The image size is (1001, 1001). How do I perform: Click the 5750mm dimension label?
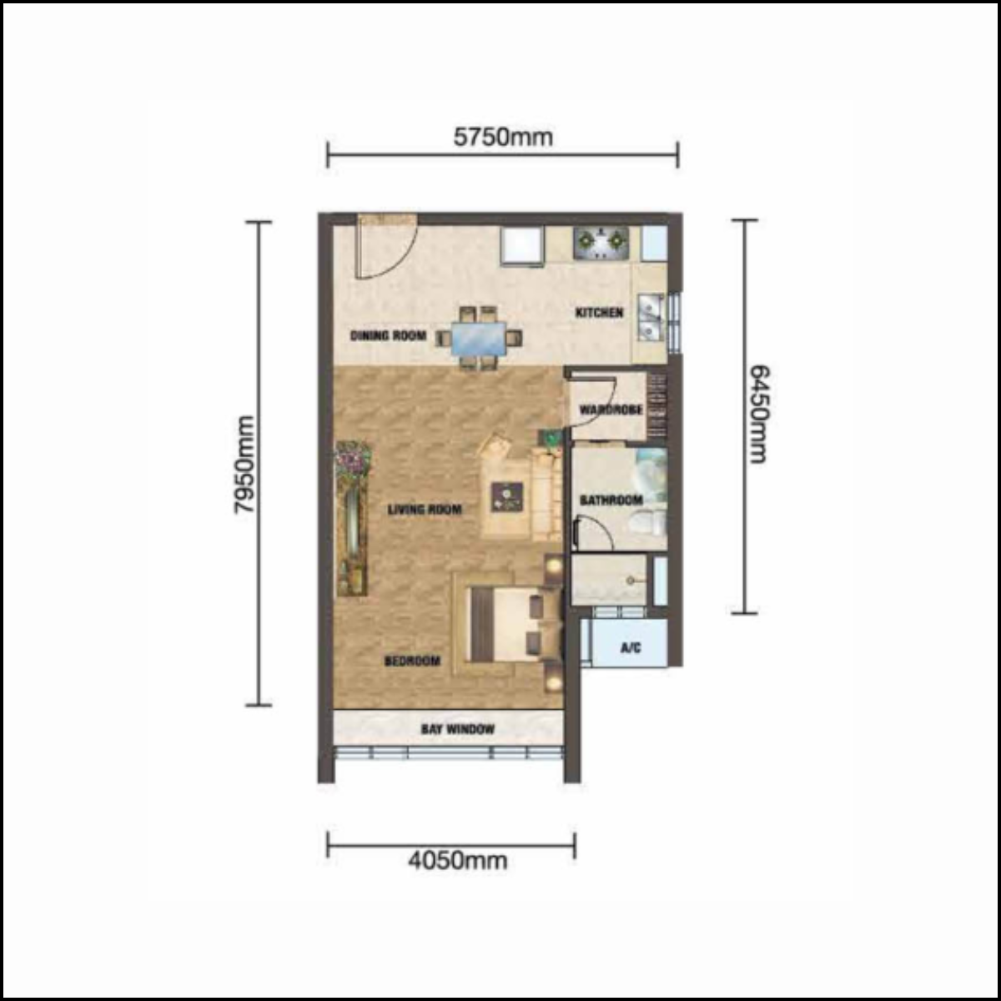click(503, 137)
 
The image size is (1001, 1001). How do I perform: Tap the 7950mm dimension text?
click(244, 465)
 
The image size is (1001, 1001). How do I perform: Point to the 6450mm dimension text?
click(759, 414)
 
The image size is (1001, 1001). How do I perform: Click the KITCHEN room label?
click(599, 313)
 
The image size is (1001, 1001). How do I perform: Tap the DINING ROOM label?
click(388, 335)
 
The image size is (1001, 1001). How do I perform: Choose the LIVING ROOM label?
click(425, 510)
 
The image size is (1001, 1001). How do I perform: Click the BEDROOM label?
click(412, 661)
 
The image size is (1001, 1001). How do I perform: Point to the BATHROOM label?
click(611, 500)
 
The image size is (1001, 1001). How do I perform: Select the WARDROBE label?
click(611, 410)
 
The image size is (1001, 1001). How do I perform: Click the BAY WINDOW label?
click(458, 729)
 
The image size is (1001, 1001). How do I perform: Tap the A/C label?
click(631, 648)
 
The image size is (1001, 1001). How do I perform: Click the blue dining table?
click(479, 339)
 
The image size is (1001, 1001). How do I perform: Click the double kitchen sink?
click(651, 317)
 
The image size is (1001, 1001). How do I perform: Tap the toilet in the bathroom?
click(649, 522)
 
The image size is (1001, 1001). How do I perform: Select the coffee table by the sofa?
click(507, 497)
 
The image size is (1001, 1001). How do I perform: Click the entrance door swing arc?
click(387, 249)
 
